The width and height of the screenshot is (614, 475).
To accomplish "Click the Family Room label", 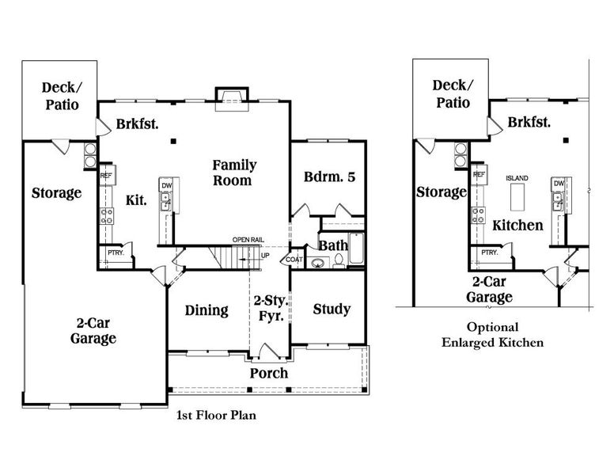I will (x=233, y=173).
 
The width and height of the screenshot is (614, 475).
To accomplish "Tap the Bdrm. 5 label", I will (x=329, y=177).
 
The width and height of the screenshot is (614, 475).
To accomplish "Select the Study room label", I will (x=332, y=309).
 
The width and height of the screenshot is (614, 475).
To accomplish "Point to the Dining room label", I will (x=207, y=310).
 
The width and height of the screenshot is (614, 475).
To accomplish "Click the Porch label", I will (x=269, y=373).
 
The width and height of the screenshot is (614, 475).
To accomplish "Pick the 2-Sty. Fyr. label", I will (x=270, y=308).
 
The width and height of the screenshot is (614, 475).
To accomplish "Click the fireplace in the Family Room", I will (x=232, y=97).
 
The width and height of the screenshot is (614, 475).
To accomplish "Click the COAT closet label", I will (x=294, y=259).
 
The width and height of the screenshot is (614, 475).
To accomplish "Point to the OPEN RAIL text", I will (x=248, y=240).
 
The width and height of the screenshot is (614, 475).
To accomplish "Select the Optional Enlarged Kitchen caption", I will (x=492, y=335).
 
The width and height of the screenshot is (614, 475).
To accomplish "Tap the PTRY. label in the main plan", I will (x=115, y=253).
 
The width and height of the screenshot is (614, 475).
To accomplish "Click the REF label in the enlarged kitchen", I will (x=478, y=174).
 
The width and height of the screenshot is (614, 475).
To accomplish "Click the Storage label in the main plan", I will (x=56, y=193).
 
